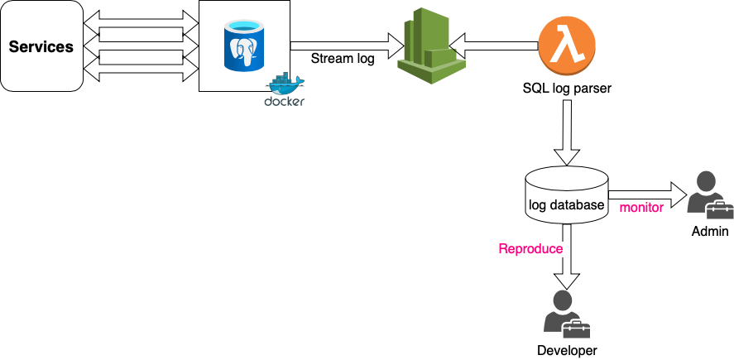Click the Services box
pyautogui.click(x=41, y=46)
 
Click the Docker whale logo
pyautogui.click(x=285, y=84)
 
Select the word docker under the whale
pyautogui.click(x=284, y=102)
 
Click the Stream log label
pyautogui.click(x=343, y=59)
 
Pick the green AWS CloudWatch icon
pyautogui.click(x=428, y=47)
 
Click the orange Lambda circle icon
pyautogui.click(x=567, y=46)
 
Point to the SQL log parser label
pyautogui.click(x=567, y=87)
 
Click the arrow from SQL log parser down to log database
pyautogui.click(x=567, y=132)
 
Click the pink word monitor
pyautogui.click(x=641, y=208)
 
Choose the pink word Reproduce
pyautogui.click(x=530, y=248)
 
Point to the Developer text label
pyautogui.click(x=567, y=351)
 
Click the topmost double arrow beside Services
pyautogui.click(x=141, y=17)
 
